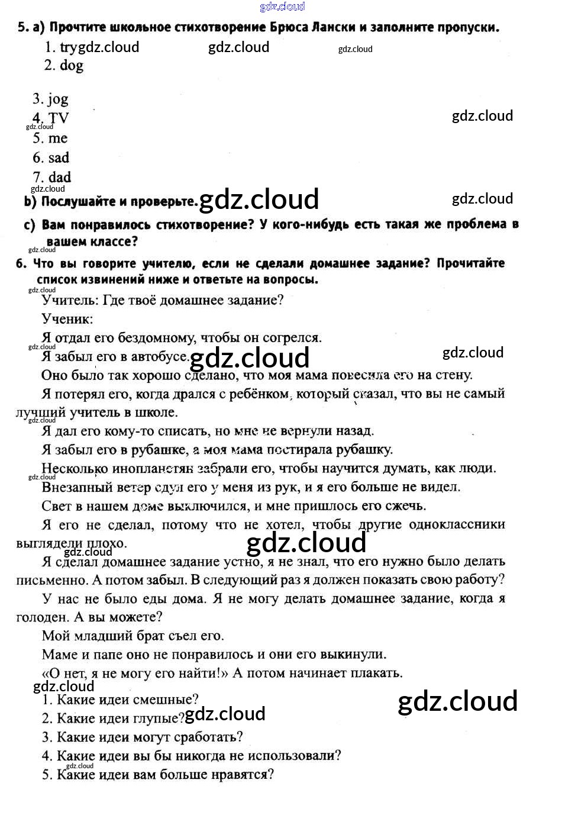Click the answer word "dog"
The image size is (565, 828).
coord(72,66)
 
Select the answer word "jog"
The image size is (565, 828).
coord(58,99)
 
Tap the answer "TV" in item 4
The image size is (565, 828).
coord(59,118)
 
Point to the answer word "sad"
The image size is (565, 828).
coord(59,158)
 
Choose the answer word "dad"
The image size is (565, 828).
coord(60,178)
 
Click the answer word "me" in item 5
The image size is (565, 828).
coord(58,138)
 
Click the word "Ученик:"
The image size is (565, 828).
coord(67,320)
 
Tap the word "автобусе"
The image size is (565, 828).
coord(159,357)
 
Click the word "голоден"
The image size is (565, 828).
coord(41,617)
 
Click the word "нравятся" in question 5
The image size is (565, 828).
coord(242,775)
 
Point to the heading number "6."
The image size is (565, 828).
coord(21,263)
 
